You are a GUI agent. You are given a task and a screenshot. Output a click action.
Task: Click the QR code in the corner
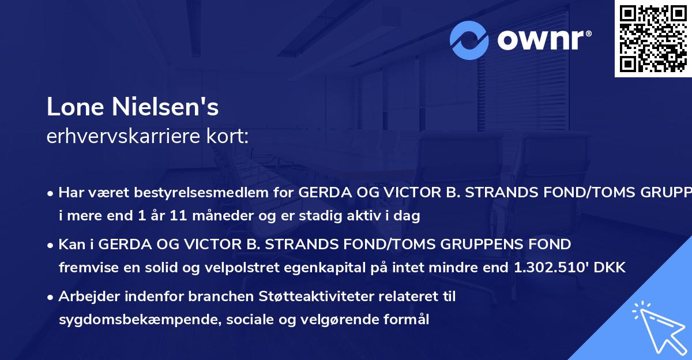653,39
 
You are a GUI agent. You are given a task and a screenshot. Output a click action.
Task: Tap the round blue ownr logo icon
469,40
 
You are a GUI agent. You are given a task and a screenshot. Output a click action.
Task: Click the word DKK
611,268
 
